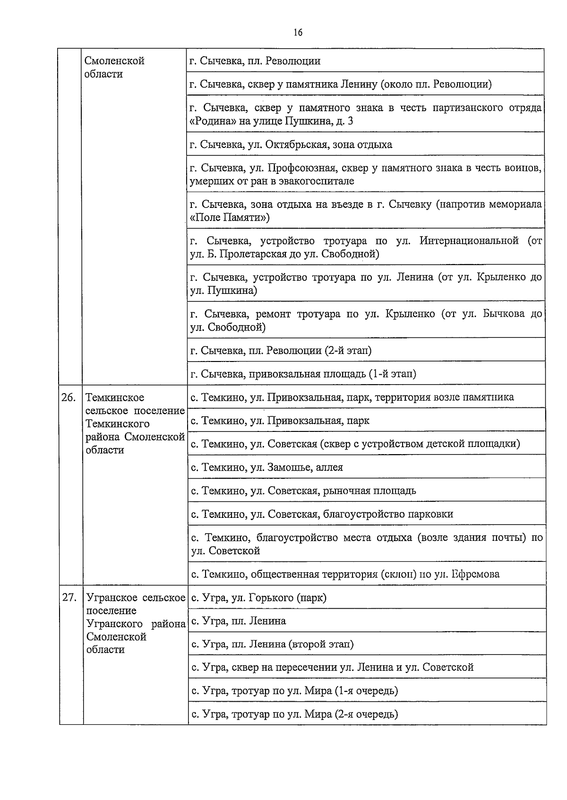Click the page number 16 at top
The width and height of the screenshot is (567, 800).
[298, 32]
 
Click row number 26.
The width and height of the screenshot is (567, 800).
[69, 397]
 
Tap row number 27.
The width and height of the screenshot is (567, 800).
[69, 598]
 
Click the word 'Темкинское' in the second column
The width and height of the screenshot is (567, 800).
[115, 397]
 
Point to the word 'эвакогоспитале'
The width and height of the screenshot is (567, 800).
[313, 181]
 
